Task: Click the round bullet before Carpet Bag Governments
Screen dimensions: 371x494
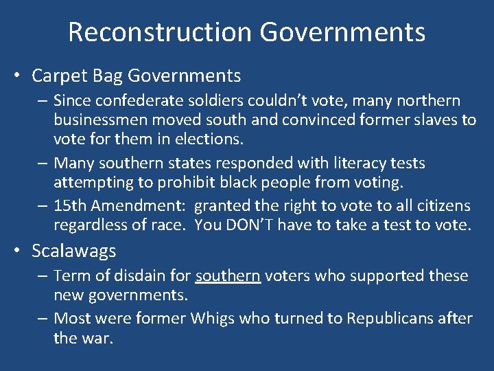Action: [x=22, y=76]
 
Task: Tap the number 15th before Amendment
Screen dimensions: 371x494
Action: [x=70, y=206]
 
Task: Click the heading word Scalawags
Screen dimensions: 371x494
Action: [x=74, y=251]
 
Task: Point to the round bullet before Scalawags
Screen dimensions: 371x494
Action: [x=22, y=251]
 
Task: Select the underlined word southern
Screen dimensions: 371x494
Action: [x=228, y=276]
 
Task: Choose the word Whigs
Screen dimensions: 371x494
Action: [x=215, y=318]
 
